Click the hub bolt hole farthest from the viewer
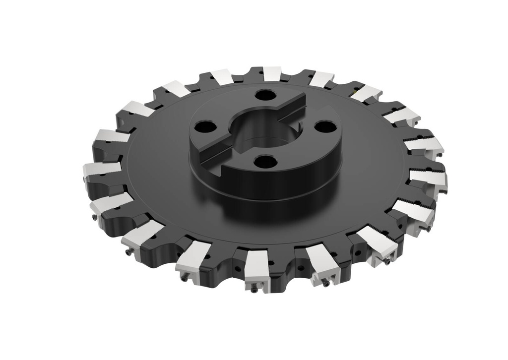[266, 95]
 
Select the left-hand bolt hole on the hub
[205, 127]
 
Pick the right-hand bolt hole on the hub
[325, 127]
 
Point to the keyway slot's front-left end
[211, 154]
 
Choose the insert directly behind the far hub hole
[272, 73]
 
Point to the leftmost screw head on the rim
[93, 219]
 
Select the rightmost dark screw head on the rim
[428, 229]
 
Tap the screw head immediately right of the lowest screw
[325, 284]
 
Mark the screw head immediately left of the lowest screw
[185, 279]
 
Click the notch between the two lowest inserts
[289, 258]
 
